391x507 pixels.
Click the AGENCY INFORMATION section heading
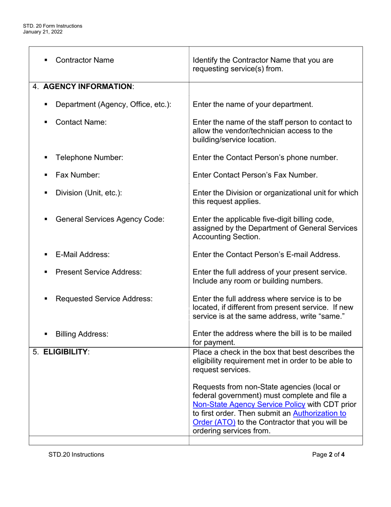tap(88, 87)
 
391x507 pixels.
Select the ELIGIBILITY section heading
tap(65, 352)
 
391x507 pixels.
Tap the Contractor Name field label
tap(84, 60)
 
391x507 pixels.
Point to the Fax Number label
tap(77, 175)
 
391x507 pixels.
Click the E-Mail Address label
tap(82, 254)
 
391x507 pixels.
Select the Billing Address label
tap(82, 334)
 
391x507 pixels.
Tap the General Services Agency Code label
tap(110, 219)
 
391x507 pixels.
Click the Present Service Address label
tap(98, 272)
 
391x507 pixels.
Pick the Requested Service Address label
tap(104, 299)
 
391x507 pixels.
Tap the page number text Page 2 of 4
tap(328, 455)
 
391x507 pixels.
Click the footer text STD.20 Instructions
tap(76, 455)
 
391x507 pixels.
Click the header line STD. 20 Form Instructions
tap(53, 26)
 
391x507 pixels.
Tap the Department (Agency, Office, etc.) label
tap(113, 104)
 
